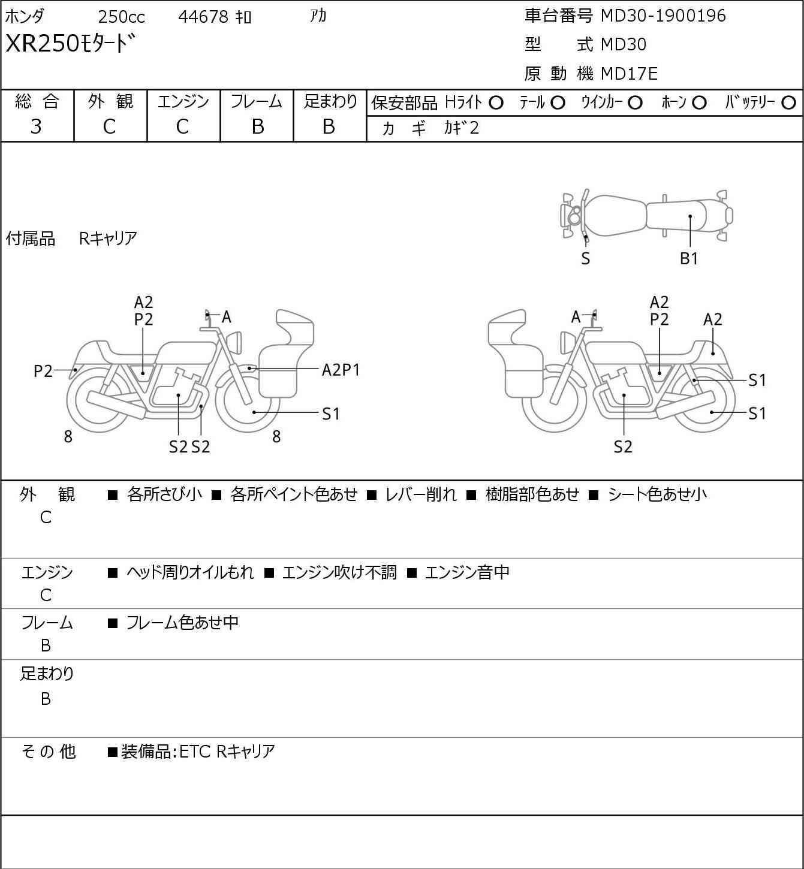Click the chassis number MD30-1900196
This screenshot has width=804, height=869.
pyautogui.click(x=663, y=16)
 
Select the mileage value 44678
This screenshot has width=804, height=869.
pyautogui.click(x=203, y=17)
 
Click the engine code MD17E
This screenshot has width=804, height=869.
pyautogui.click(x=629, y=74)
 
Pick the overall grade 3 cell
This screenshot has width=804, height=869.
pyautogui.click(x=36, y=126)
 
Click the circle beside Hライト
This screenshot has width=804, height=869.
pyautogui.click(x=496, y=102)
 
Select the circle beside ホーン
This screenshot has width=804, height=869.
pyautogui.click(x=699, y=102)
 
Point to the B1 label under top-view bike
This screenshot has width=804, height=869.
pyautogui.click(x=689, y=259)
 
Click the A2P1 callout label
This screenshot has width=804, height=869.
pyautogui.click(x=341, y=370)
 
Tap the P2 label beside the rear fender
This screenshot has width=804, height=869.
pyautogui.click(x=43, y=372)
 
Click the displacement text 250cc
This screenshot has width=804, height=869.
pyautogui.click(x=121, y=17)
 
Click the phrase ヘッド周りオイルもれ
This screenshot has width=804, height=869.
pyautogui.click(x=190, y=572)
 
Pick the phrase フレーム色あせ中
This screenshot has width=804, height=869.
pyautogui.click(x=182, y=623)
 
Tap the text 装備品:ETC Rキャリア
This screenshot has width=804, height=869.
pyautogui.click(x=198, y=751)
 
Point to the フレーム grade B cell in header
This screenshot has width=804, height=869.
pyautogui.click(x=257, y=126)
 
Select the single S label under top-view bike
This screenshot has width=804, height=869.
pyautogui.click(x=586, y=259)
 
